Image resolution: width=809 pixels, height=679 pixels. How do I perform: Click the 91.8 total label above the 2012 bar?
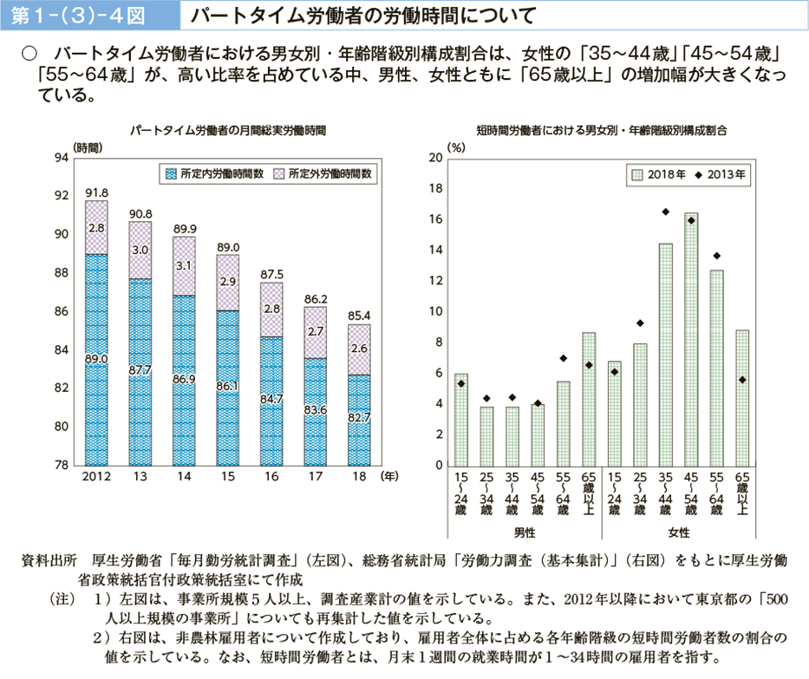96,192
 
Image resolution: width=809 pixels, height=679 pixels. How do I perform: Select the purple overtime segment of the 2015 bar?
227,283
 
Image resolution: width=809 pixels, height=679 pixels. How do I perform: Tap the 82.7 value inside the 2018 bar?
359,417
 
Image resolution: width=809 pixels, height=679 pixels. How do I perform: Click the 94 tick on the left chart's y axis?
62,158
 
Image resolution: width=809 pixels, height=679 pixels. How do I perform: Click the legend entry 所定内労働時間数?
213,173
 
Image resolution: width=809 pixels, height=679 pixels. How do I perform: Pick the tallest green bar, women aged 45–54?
690,338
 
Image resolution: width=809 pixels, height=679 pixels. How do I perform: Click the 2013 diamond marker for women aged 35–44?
665,212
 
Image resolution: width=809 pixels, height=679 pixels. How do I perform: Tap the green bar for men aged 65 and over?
589,399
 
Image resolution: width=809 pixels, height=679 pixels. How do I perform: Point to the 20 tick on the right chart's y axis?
435,158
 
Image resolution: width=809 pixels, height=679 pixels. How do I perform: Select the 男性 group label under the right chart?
525,530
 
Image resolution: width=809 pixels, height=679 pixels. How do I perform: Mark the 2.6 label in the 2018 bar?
359,348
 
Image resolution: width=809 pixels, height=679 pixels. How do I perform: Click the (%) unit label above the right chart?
456,148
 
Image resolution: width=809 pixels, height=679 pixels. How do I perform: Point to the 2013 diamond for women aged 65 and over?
742,380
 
